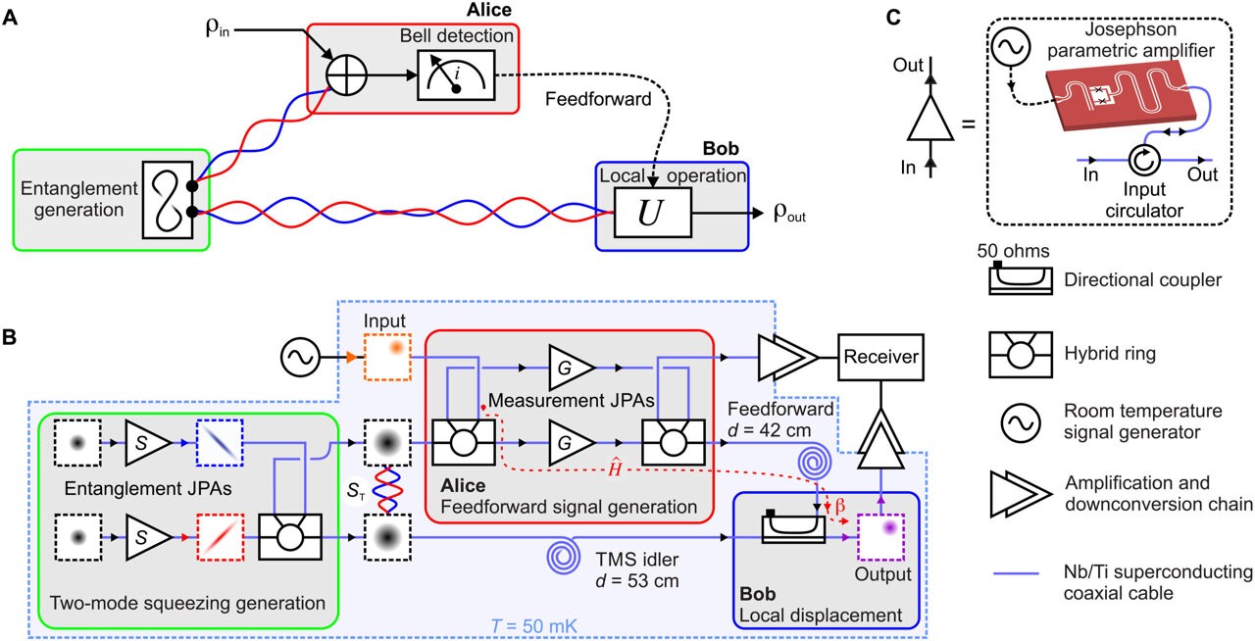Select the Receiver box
(x=880, y=357)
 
